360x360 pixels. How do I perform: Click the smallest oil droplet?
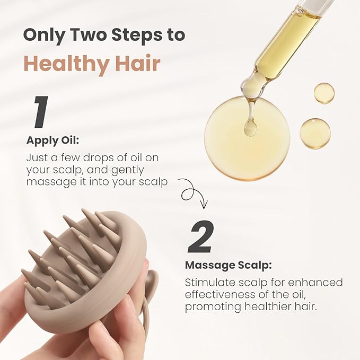tap(324, 93)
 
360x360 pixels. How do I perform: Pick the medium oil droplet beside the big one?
tap(315, 133)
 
